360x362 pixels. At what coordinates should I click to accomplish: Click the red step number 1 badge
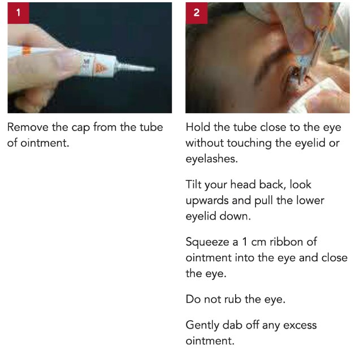(18, 13)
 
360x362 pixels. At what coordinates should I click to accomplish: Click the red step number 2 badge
(196, 13)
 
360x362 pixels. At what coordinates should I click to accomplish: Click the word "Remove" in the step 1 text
(28, 127)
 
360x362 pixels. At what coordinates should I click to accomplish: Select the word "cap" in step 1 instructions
(80, 128)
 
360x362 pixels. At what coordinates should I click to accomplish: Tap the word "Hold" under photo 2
(198, 127)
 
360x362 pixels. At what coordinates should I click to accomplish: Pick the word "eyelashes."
(212, 159)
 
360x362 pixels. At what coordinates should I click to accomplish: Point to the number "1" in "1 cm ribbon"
(245, 242)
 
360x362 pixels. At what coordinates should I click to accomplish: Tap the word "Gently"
(202, 326)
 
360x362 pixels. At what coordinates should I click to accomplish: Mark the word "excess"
(300, 326)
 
